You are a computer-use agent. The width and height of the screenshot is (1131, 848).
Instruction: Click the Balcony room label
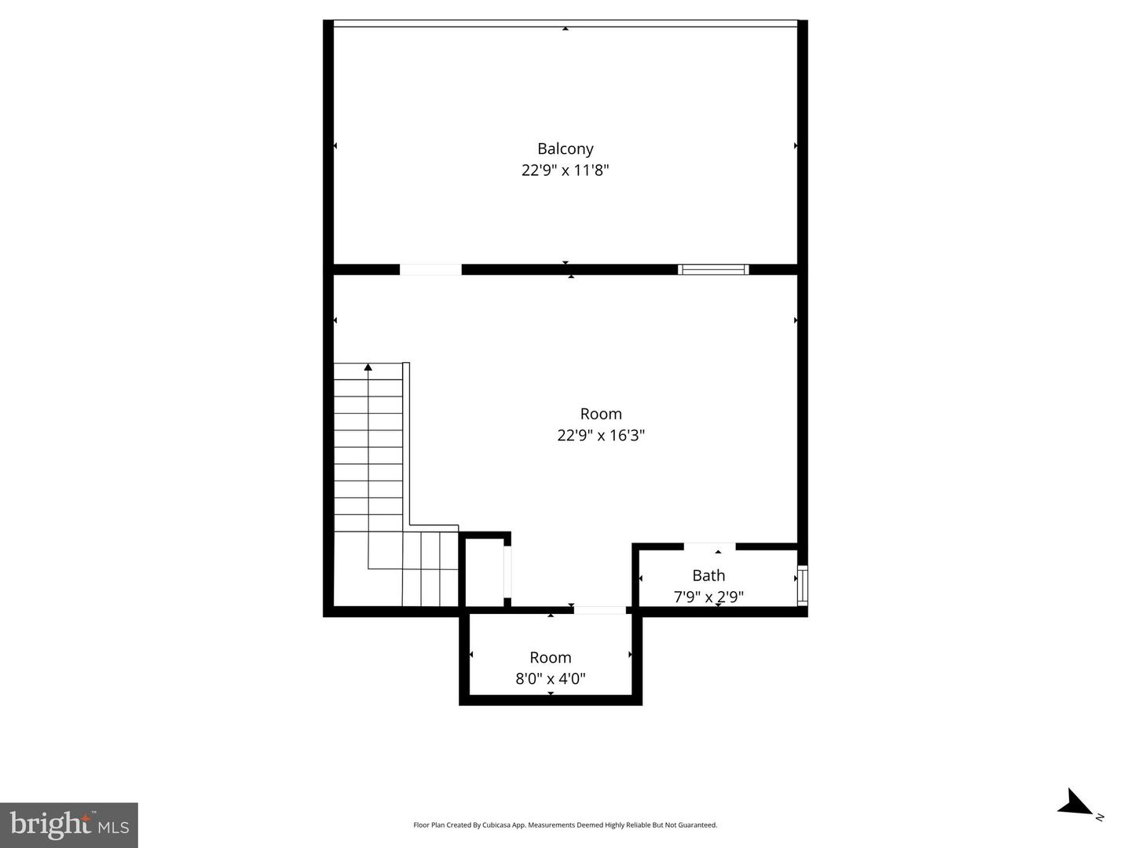565,148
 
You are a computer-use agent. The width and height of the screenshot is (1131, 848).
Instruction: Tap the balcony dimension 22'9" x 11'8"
565,170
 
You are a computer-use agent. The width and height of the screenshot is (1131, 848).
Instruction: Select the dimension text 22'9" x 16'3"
601,435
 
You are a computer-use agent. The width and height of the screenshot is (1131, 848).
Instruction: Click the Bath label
708,576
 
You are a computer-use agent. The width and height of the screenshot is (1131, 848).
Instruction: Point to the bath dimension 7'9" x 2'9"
708,597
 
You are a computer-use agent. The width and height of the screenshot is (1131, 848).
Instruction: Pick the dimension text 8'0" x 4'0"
550,678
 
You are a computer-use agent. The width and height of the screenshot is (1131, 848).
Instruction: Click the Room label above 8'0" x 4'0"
550,657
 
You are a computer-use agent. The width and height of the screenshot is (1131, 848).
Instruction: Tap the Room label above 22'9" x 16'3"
601,414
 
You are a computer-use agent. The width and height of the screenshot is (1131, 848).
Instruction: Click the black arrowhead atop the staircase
368,367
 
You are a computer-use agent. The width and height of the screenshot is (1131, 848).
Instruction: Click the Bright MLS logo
69,824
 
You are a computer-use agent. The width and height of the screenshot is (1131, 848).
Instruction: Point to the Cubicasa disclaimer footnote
565,825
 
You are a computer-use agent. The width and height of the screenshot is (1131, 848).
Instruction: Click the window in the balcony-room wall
713,269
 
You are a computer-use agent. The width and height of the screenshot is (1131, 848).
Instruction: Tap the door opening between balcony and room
430,269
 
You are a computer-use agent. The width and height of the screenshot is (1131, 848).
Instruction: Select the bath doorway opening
709,546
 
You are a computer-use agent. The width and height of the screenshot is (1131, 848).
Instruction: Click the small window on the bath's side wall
802,585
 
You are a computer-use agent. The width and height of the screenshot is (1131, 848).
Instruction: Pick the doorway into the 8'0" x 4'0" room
599,610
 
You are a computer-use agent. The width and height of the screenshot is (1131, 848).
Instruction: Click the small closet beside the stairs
485,572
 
